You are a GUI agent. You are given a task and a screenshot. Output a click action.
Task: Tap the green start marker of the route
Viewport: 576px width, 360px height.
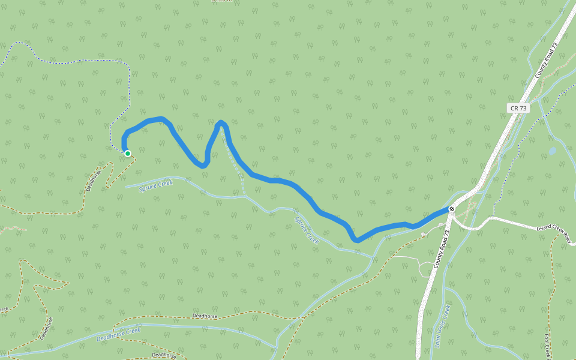128,154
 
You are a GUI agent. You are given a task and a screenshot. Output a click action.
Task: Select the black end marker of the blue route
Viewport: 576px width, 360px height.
451,209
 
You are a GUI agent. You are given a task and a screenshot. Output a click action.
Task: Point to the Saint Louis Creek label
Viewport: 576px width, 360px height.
442,326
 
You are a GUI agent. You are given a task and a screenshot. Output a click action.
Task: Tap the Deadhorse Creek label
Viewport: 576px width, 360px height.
118,334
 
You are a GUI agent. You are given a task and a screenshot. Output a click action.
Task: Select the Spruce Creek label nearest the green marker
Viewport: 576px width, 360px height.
155,186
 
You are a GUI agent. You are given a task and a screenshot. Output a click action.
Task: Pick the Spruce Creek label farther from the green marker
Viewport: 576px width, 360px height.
306,229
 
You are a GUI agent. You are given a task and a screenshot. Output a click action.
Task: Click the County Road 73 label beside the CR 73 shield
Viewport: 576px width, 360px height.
546,63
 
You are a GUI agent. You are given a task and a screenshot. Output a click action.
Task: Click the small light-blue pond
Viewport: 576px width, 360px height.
551,151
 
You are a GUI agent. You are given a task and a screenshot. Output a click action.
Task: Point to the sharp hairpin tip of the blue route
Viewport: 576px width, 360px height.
221,123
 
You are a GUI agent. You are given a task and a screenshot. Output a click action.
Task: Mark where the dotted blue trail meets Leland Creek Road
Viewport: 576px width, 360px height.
493,217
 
